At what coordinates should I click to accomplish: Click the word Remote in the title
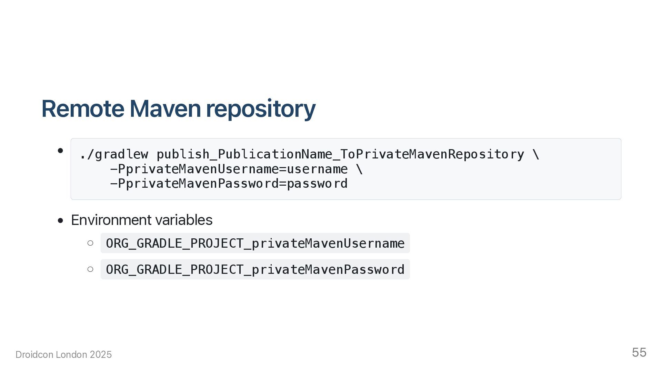tap(83, 109)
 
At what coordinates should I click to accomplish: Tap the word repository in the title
tap(261, 109)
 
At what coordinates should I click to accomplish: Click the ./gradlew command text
tap(114, 154)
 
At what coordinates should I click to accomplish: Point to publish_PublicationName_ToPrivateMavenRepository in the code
tap(340, 154)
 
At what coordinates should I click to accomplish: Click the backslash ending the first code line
tap(536, 154)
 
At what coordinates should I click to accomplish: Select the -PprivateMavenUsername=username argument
tap(229, 169)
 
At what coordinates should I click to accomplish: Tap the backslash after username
tap(359, 169)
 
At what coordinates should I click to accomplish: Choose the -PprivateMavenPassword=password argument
tap(229, 184)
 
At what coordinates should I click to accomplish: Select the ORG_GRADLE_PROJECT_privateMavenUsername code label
tap(255, 243)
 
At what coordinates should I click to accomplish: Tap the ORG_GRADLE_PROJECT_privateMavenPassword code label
tap(255, 269)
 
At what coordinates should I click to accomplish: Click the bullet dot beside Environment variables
tap(61, 220)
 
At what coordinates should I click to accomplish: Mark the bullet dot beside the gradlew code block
tap(61, 151)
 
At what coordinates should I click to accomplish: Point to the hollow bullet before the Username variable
tap(90, 243)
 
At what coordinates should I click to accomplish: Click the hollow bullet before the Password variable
tap(90, 269)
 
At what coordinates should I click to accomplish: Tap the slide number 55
tap(639, 353)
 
